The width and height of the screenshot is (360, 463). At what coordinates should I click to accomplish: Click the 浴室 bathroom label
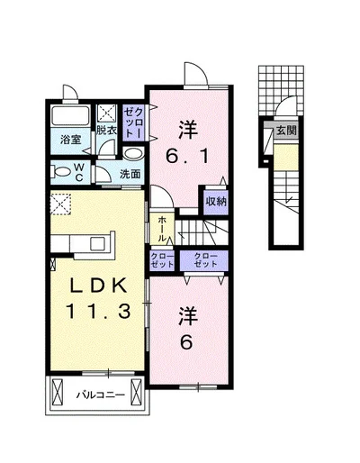[71, 140]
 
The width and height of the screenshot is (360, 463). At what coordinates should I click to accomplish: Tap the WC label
[79, 172]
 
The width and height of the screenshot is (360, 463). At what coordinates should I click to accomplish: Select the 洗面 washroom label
[130, 174]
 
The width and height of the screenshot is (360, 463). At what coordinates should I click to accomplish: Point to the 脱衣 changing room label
[106, 131]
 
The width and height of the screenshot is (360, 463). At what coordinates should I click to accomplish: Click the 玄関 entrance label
[286, 131]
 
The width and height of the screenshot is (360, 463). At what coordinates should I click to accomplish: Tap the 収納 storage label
[216, 202]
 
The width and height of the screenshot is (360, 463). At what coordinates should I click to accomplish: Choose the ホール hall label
[162, 229]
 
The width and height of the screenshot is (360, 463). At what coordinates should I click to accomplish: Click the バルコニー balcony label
[100, 395]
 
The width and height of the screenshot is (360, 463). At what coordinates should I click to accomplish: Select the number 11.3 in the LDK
[98, 311]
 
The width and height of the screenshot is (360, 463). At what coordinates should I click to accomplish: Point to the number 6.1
[188, 156]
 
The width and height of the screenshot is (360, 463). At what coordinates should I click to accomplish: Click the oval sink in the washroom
[133, 154]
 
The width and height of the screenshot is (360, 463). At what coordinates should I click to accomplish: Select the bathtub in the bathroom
[70, 116]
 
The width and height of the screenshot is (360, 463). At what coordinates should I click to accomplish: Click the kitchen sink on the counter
[99, 242]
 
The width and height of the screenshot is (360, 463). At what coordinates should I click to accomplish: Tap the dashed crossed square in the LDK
[60, 204]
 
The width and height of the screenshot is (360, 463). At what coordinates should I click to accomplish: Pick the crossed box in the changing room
[107, 114]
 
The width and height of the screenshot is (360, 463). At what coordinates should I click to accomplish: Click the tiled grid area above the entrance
[281, 90]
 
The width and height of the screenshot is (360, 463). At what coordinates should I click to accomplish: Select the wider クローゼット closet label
[205, 260]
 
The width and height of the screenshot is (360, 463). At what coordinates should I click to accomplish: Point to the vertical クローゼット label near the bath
[134, 123]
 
